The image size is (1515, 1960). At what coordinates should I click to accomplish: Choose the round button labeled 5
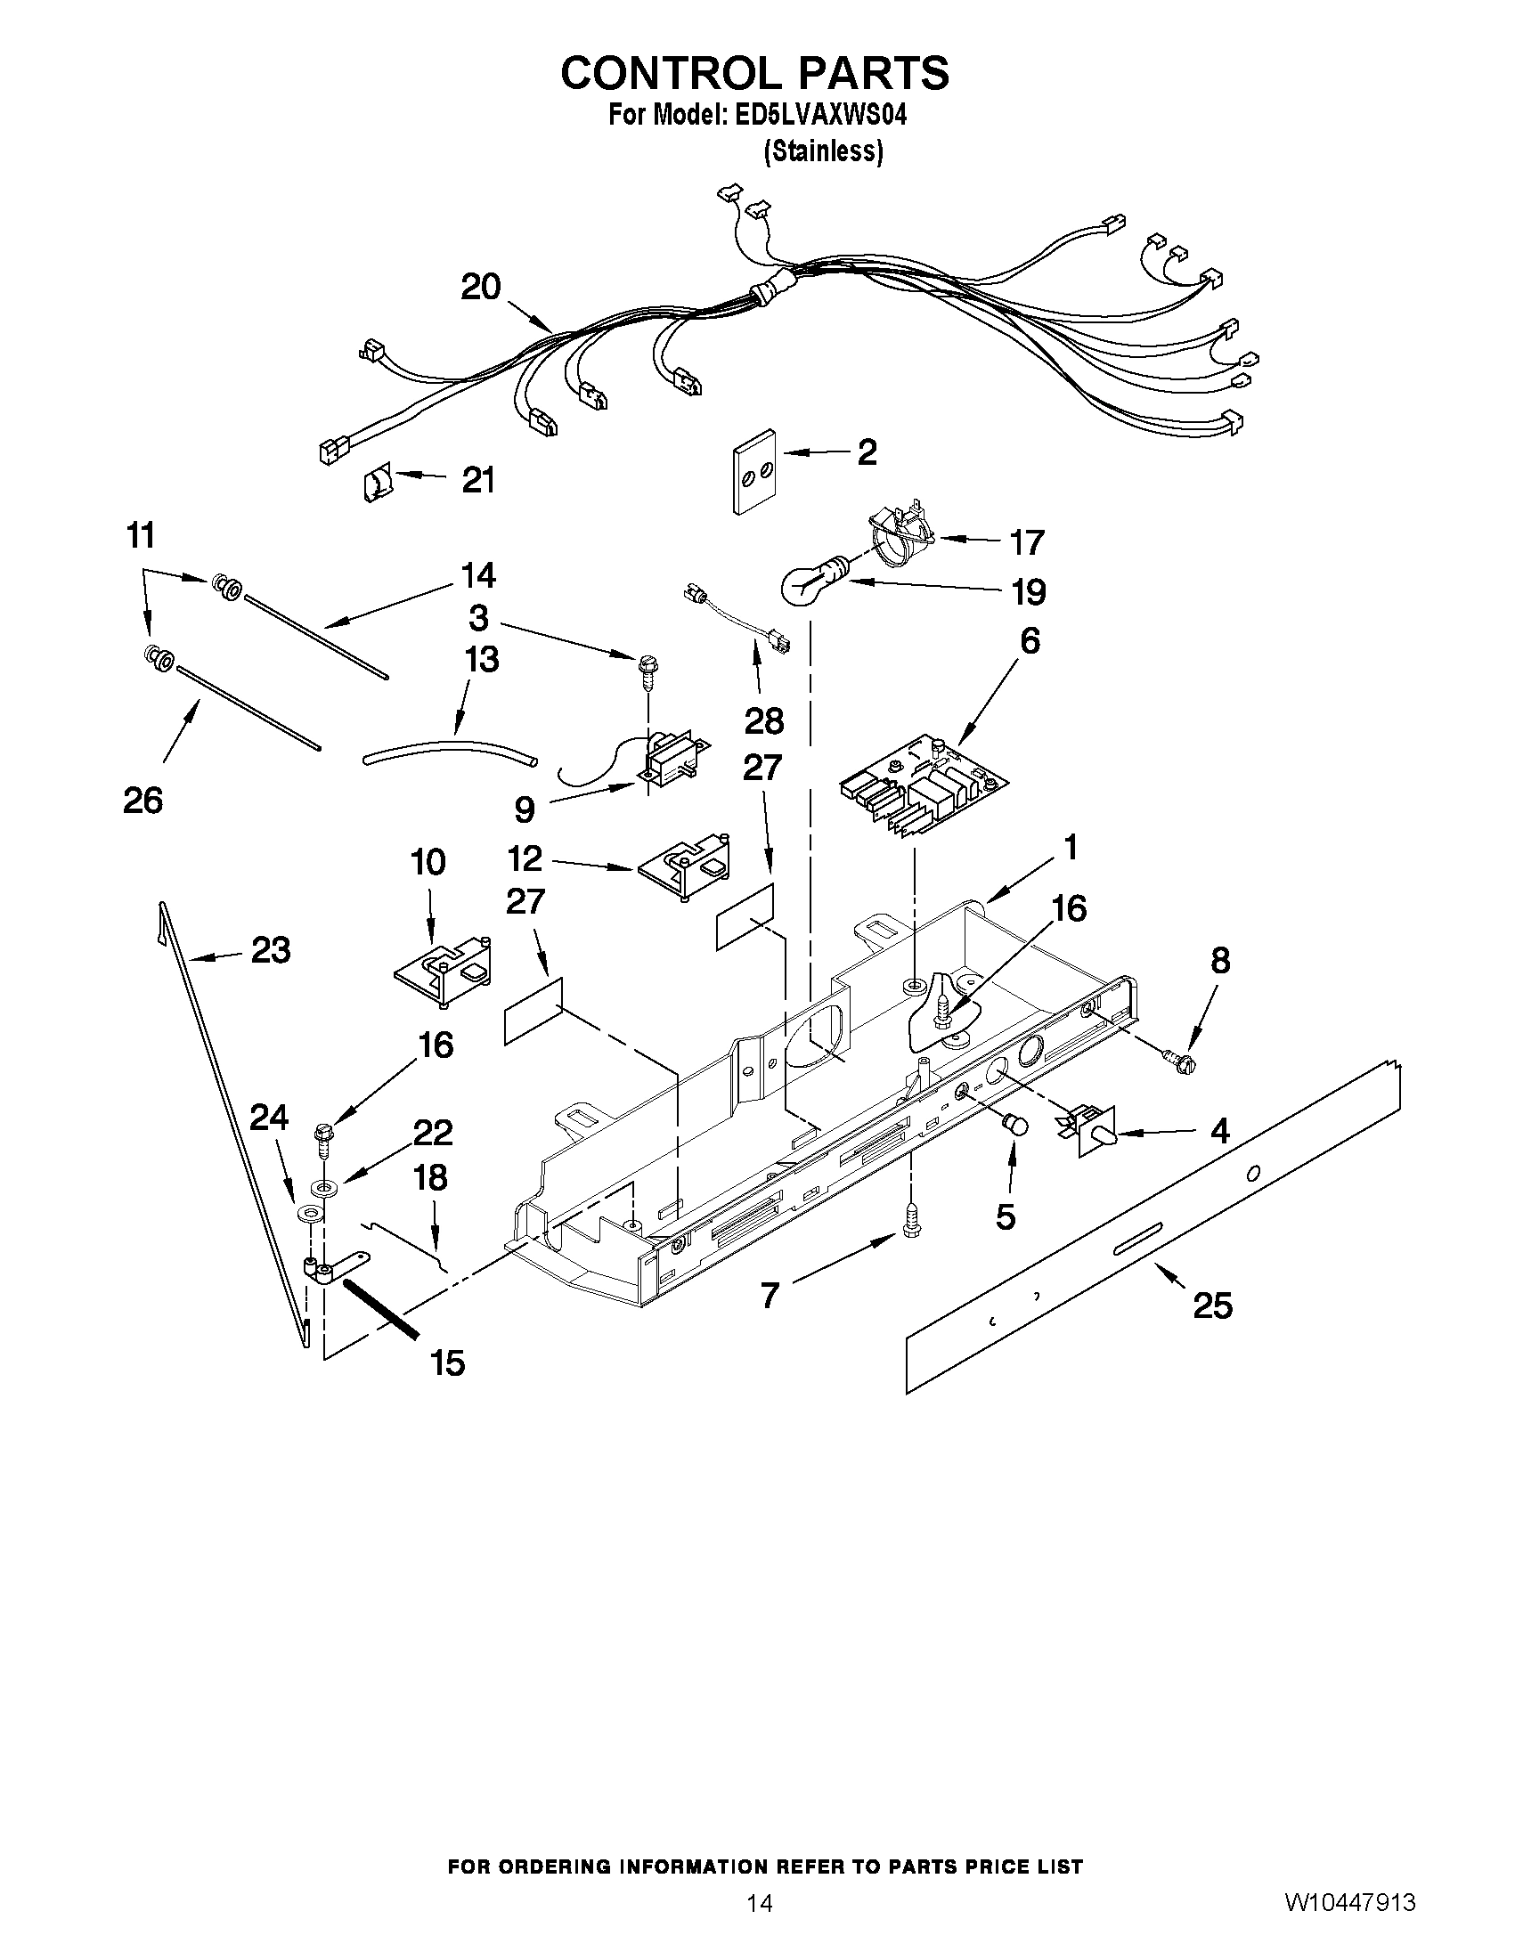pyautogui.click(x=1014, y=1124)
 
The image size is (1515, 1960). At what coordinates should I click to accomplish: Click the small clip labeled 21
pyautogui.click(x=377, y=485)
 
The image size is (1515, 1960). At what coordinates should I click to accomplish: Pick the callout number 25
pyautogui.click(x=1211, y=1305)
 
